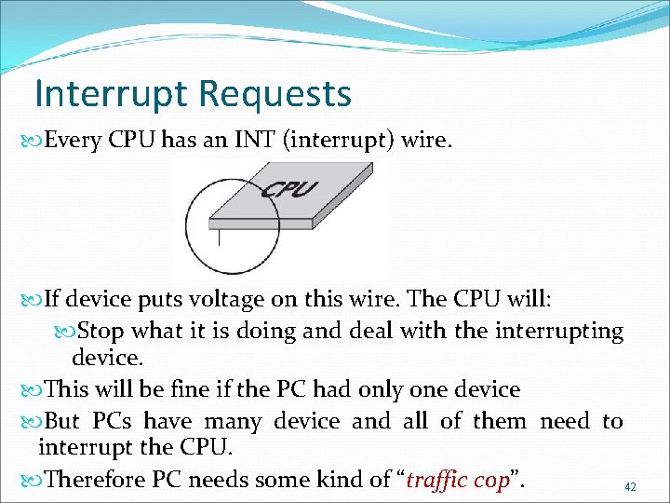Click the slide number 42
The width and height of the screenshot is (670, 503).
pos(630,487)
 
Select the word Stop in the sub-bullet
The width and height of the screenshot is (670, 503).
pos(100,331)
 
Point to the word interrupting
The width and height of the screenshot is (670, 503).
pos(560,331)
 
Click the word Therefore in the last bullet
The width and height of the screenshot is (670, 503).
pos(93,480)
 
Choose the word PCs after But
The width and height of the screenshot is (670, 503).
pos(111,421)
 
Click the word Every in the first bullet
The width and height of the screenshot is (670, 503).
pos(74,141)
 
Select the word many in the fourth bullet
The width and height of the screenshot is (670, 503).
pos(228,421)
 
